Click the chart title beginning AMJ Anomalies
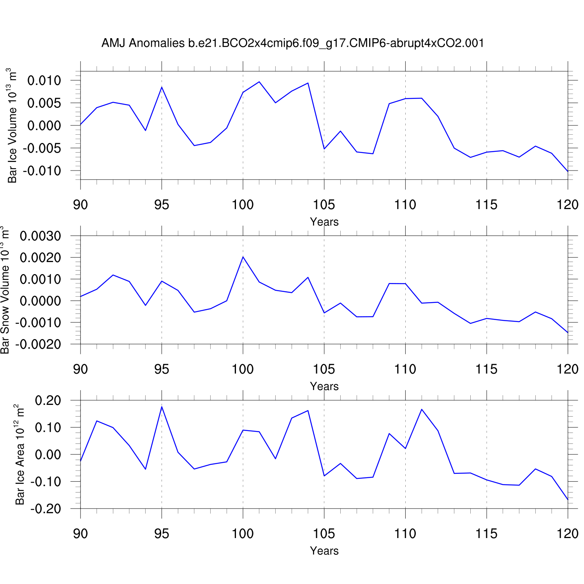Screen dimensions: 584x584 [x=293, y=43]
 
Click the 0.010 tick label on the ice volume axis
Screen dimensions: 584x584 [x=44, y=81]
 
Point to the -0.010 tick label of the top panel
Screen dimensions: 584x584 [x=42, y=171]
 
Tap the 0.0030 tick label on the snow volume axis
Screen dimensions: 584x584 [x=40, y=236]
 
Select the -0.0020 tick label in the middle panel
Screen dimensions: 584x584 [x=38, y=344]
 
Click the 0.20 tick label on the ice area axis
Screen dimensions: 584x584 [x=48, y=400]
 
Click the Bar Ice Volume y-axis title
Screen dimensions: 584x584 [x=12, y=125]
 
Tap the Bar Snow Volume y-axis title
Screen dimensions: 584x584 [x=5, y=290]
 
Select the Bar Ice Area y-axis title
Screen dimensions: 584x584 [x=20, y=455]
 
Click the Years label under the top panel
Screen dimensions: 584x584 [x=324, y=222]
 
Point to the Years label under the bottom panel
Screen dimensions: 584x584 [x=324, y=551]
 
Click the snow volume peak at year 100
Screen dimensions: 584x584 [x=243, y=257]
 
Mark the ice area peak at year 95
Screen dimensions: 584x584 [x=162, y=407]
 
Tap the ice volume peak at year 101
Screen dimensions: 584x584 [x=259, y=82]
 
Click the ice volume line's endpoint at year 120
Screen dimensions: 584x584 [x=568, y=171]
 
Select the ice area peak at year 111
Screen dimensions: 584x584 [x=422, y=409]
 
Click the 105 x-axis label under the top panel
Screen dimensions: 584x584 [x=324, y=205]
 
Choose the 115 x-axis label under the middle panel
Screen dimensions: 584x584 [x=486, y=369]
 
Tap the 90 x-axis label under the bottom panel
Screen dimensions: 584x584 [x=81, y=533]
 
